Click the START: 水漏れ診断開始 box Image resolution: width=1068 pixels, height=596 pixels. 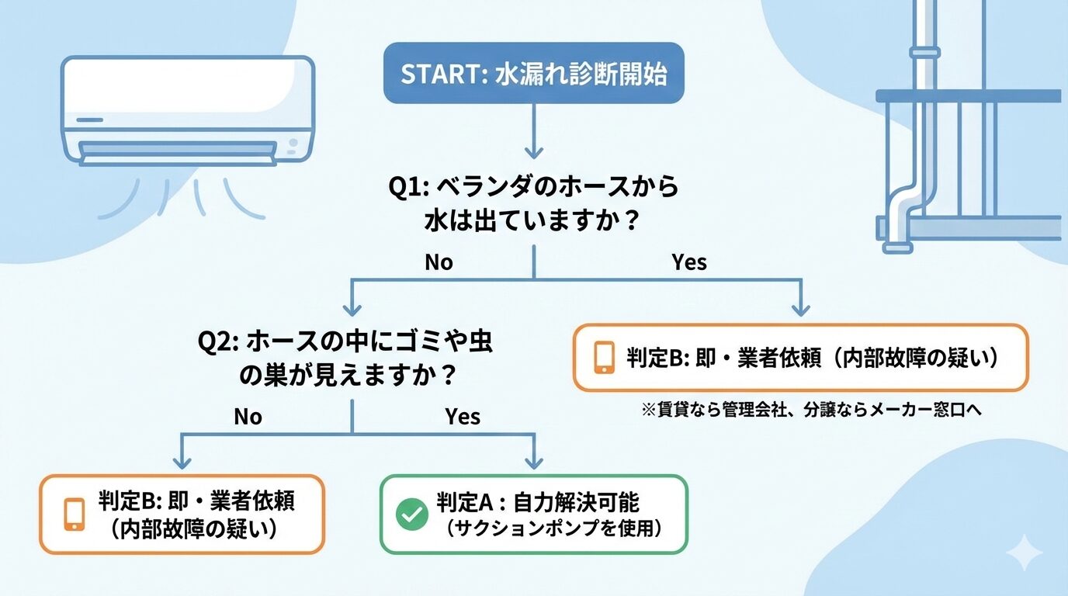tap(534, 74)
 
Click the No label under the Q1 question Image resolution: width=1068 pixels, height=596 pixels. tap(439, 262)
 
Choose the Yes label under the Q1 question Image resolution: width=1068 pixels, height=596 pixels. tap(689, 262)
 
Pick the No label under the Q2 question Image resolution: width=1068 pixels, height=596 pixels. tap(248, 417)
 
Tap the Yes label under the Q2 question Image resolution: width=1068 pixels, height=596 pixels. tap(463, 417)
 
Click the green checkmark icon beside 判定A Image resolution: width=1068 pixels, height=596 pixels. tap(411, 514)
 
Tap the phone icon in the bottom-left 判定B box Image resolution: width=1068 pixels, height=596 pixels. tap(74, 514)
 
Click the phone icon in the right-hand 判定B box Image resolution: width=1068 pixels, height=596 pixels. tap(605, 357)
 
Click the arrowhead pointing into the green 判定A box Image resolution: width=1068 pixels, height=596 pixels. tap(534, 463)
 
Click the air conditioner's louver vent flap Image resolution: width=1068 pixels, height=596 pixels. tap(179, 148)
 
